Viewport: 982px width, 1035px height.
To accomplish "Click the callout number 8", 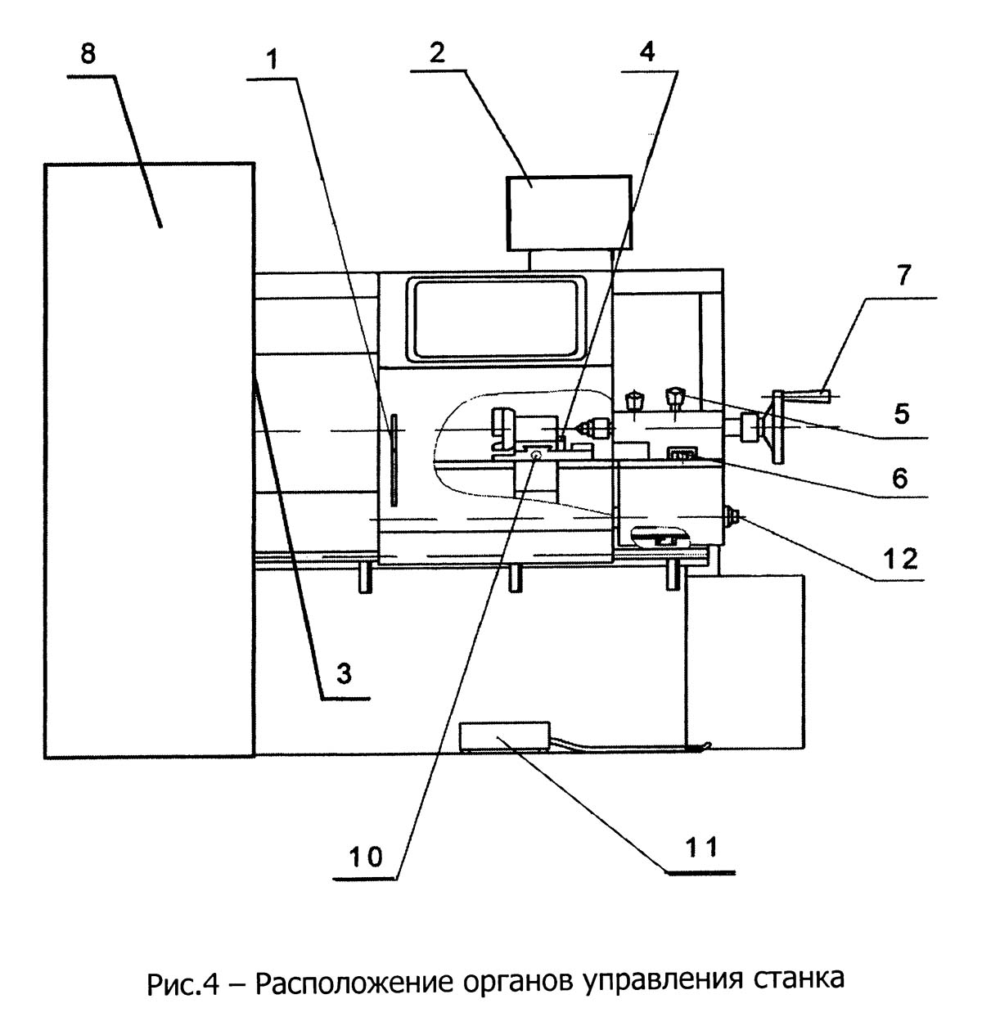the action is point(88,54).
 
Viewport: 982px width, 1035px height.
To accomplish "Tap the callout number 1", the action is point(272,59).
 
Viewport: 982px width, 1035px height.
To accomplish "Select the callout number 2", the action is point(437,53).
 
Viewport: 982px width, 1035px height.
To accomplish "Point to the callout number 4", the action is point(647,51).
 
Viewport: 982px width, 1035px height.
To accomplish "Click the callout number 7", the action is point(903,276).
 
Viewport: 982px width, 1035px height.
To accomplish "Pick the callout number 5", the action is point(902,414).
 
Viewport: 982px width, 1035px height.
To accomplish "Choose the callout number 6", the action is point(901,479).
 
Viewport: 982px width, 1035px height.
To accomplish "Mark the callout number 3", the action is point(344,673).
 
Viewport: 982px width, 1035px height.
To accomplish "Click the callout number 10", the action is point(366,857).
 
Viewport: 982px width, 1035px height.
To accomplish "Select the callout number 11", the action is point(701,847).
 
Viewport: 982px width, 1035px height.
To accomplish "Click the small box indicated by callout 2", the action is point(569,214).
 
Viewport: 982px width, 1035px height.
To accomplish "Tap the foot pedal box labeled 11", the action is point(505,736).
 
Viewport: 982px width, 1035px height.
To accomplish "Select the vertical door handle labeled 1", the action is point(394,460).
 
